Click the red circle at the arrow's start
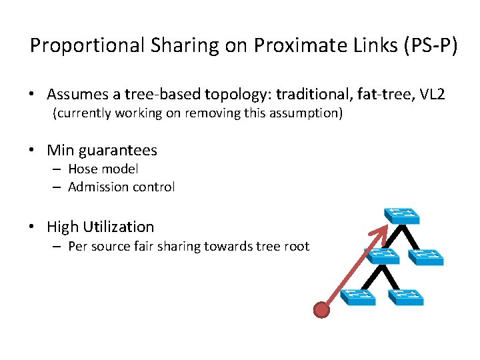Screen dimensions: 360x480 (x=322, y=309)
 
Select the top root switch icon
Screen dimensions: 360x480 (x=401, y=215)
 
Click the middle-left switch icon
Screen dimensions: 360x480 (x=381, y=255)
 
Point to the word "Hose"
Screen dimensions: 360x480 (x=84, y=169)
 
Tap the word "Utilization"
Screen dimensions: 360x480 (x=120, y=227)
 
